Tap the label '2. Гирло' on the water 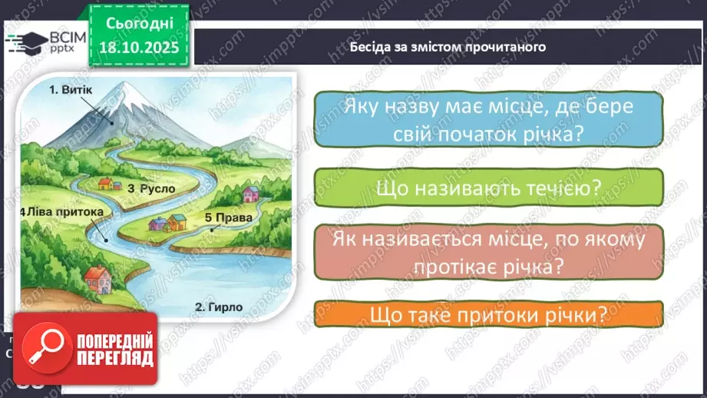(219, 307)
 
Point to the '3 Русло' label (151, 187)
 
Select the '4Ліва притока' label (60, 211)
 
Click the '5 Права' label (229, 217)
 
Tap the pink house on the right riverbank (250, 193)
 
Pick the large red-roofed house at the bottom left (95, 276)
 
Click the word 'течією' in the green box (563, 191)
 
